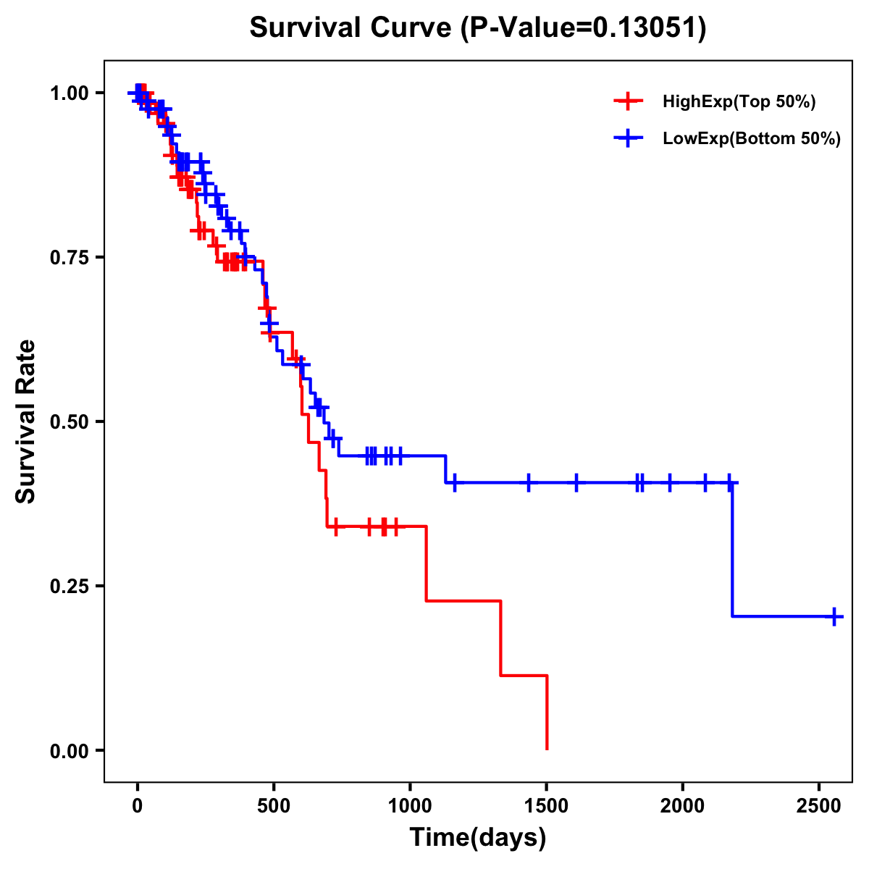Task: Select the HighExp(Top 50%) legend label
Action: [x=739, y=102]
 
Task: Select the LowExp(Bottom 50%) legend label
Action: [x=752, y=139]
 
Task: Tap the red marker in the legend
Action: [x=628, y=102]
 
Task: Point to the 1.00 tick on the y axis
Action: [x=69, y=93]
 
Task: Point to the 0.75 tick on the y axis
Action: [x=69, y=258]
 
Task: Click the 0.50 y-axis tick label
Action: [x=69, y=422]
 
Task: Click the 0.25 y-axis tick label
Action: [x=69, y=587]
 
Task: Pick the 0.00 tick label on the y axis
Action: [x=69, y=751]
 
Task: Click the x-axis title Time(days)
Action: [x=478, y=838]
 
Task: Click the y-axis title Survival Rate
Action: [x=26, y=421]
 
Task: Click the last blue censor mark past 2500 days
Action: [x=834, y=617]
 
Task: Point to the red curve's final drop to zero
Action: [x=547, y=713]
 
